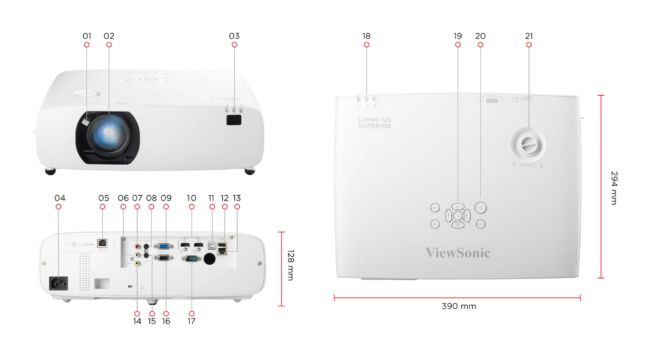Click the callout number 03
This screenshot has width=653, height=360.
coord(234,36)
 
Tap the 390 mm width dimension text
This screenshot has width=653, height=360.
coord(459,306)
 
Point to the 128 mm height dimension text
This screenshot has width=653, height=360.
coord(290,265)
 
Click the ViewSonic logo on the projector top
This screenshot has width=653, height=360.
coord(458,253)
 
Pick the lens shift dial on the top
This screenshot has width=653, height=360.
coord(528,144)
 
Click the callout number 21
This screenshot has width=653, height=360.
coord(529,36)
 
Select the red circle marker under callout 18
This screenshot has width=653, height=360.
coord(367,45)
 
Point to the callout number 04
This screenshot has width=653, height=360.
coord(60,198)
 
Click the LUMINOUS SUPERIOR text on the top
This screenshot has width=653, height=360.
coord(374,123)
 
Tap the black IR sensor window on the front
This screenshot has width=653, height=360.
coord(234,119)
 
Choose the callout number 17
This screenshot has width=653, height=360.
coord(191,321)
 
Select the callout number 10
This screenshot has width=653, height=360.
coord(191,198)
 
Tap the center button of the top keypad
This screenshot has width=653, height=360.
coord(458,215)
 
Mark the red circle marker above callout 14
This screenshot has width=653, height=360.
coord(137,313)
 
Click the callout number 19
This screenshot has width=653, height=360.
coord(458,36)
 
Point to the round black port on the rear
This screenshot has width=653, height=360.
coord(210,258)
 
